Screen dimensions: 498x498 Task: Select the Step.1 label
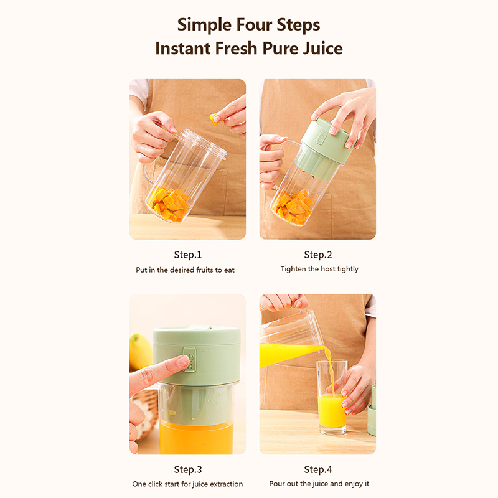click(188, 255)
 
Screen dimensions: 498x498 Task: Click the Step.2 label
click(318, 255)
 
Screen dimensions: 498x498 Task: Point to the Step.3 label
click(188, 469)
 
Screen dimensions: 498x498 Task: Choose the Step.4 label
click(318, 469)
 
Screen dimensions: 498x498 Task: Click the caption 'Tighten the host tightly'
click(319, 269)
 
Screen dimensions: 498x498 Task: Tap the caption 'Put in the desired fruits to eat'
click(185, 270)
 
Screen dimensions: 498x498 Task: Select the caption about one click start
click(187, 484)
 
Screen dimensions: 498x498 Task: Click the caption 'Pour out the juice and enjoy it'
click(319, 484)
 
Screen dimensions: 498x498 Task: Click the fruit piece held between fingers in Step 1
click(214, 119)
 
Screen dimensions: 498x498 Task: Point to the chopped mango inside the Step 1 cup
click(169, 204)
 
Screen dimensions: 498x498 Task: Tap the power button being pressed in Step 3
click(190, 359)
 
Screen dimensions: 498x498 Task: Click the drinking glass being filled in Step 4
click(332, 397)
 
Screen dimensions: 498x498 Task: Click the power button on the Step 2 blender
click(321, 138)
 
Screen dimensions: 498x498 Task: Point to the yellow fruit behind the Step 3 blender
click(140, 352)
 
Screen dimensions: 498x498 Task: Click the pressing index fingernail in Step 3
click(183, 361)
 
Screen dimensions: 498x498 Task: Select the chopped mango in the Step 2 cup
click(294, 207)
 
